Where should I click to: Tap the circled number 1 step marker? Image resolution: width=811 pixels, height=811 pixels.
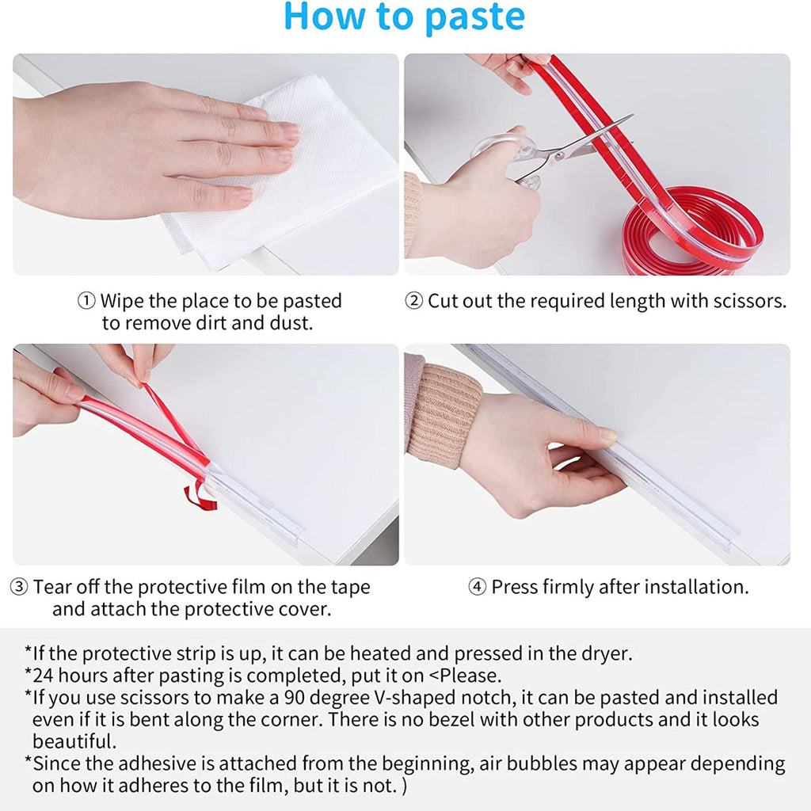click(x=86, y=300)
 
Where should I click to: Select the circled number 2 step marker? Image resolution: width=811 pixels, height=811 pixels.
click(x=413, y=300)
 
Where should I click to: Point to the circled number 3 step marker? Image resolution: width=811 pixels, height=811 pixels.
click(x=19, y=587)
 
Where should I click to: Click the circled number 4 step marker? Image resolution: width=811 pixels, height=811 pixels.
click(x=478, y=587)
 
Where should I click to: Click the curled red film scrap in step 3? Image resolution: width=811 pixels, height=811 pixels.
click(x=200, y=496)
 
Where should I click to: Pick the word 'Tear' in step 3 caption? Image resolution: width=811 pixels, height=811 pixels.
click(x=51, y=587)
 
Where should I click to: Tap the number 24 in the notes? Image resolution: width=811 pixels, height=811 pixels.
click(x=43, y=676)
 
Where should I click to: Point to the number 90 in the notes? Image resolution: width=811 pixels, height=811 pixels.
click(x=295, y=698)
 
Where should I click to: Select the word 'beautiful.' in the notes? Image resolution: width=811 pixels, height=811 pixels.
click(x=74, y=741)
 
